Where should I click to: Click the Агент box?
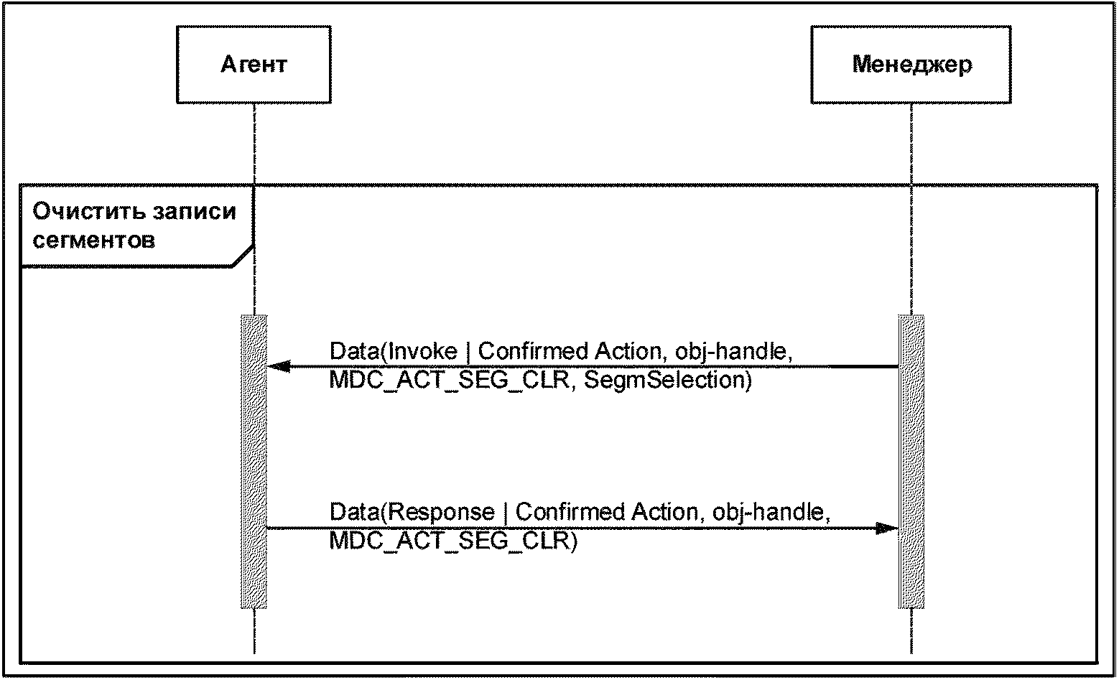(x=254, y=65)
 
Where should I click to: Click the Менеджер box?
(x=911, y=65)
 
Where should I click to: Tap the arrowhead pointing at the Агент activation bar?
(x=279, y=366)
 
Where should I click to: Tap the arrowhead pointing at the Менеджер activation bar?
(x=887, y=528)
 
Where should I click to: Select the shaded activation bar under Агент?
(x=254, y=462)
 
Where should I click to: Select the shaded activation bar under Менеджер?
(x=911, y=462)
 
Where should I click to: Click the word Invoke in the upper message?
(x=422, y=351)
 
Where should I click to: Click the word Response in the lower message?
(x=440, y=512)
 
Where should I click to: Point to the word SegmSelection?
(x=668, y=380)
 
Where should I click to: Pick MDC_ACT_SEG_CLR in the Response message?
(x=449, y=541)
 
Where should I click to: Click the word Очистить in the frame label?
(x=88, y=212)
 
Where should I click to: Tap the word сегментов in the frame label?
(x=94, y=241)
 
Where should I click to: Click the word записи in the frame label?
(x=195, y=213)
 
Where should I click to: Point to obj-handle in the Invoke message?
(x=733, y=352)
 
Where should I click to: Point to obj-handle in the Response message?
(x=771, y=513)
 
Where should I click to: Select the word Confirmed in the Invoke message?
(x=532, y=351)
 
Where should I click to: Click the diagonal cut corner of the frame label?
(x=243, y=256)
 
